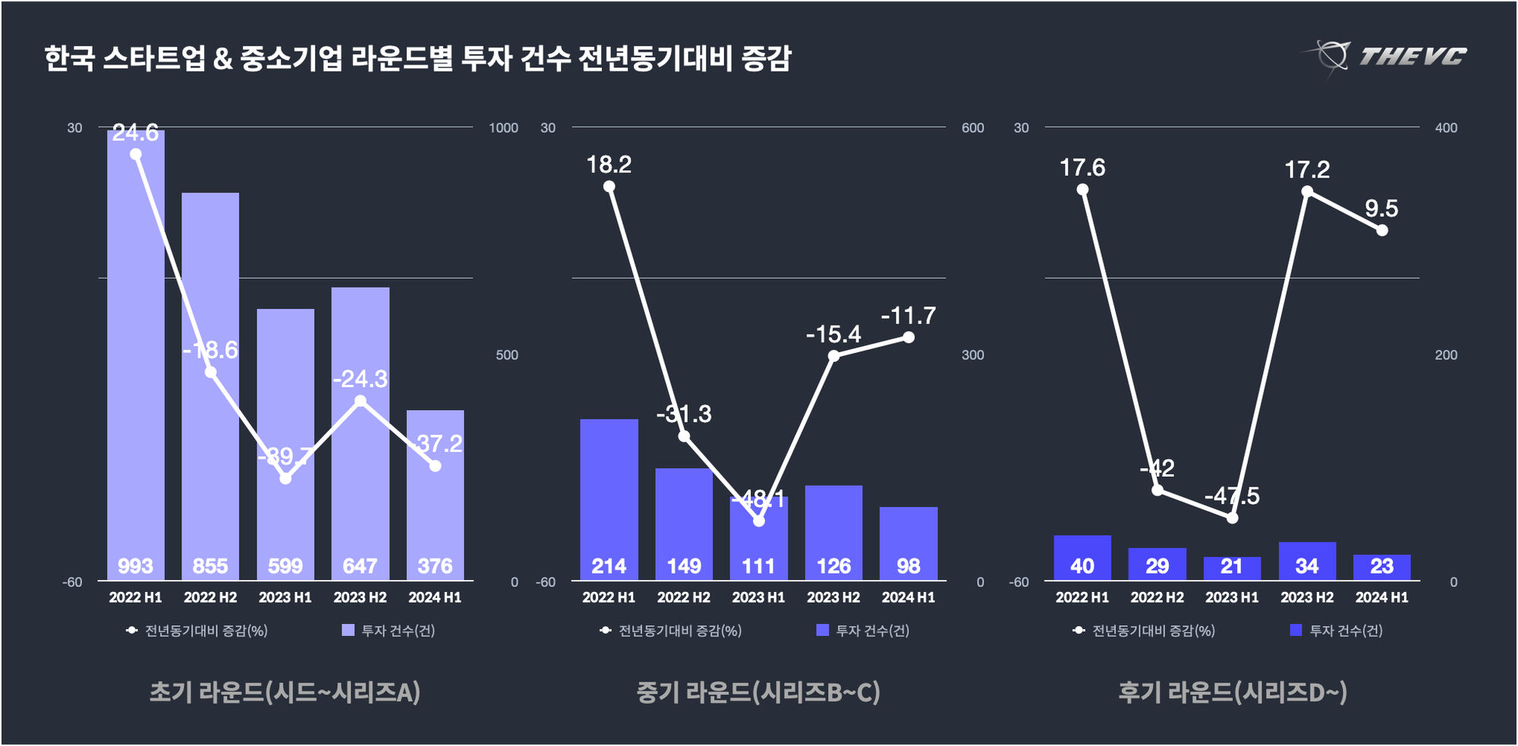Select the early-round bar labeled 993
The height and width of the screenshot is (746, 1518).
(x=136, y=357)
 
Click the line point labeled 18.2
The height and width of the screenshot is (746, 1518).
(x=609, y=187)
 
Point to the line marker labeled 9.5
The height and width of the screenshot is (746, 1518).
(x=1382, y=230)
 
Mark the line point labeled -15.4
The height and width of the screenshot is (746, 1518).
(x=833, y=355)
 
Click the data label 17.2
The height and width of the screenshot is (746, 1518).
(x=1307, y=169)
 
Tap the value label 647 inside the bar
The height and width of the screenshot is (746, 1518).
(x=360, y=566)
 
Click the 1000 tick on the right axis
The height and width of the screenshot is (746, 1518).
(x=503, y=127)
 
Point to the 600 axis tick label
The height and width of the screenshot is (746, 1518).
(x=973, y=127)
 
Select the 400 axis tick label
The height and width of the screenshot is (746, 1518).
(x=1446, y=127)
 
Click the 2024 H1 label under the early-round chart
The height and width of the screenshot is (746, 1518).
(x=435, y=597)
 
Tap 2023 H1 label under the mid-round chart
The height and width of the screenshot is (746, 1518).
(x=758, y=597)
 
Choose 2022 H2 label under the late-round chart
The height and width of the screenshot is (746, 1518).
(x=1157, y=597)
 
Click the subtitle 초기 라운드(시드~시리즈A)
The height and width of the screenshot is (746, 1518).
(x=285, y=691)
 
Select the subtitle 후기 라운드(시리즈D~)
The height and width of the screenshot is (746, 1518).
(x=1233, y=691)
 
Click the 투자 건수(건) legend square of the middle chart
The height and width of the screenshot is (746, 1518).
(x=822, y=630)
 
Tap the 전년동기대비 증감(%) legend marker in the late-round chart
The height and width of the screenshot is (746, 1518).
(x=1079, y=630)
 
